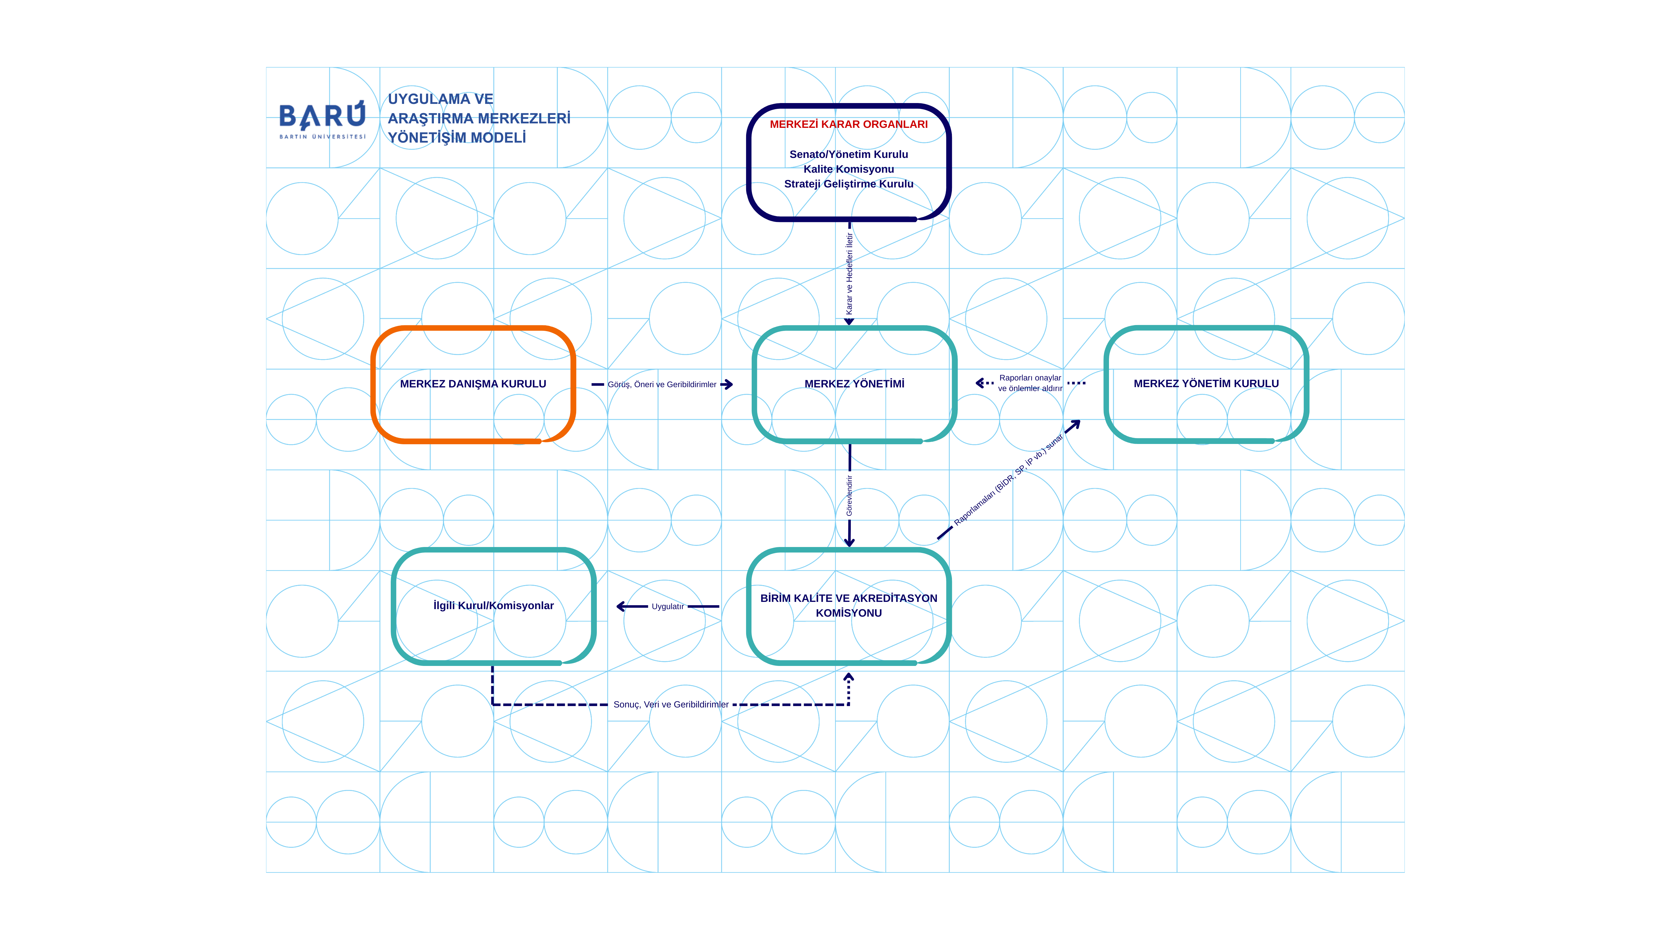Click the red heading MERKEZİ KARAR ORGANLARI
click(x=849, y=124)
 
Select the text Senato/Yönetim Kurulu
click(x=849, y=154)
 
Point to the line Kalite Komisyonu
click(x=849, y=169)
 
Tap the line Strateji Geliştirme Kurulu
click(x=849, y=184)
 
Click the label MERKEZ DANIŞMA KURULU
click(x=473, y=384)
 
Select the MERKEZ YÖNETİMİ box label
click(x=854, y=384)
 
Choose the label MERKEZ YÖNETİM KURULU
click(x=1206, y=384)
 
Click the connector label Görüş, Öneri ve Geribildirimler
click(x=662, y=385)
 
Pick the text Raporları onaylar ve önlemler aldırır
click(x=1030, y=384)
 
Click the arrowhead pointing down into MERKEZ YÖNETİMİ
click(x=849, y=322)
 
